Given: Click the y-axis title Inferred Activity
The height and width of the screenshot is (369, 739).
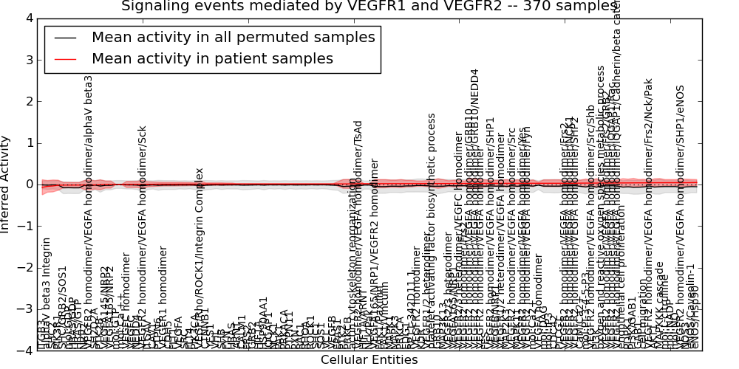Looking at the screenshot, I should pos(7,184).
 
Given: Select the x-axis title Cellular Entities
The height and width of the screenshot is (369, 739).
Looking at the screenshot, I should pos(369,360).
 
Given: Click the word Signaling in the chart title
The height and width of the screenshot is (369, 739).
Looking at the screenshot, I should pos(154,7).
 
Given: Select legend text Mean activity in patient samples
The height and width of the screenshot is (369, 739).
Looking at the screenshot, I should pos(212,58).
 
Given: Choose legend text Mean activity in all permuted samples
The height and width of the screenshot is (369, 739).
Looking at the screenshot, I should pos(233,38).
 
